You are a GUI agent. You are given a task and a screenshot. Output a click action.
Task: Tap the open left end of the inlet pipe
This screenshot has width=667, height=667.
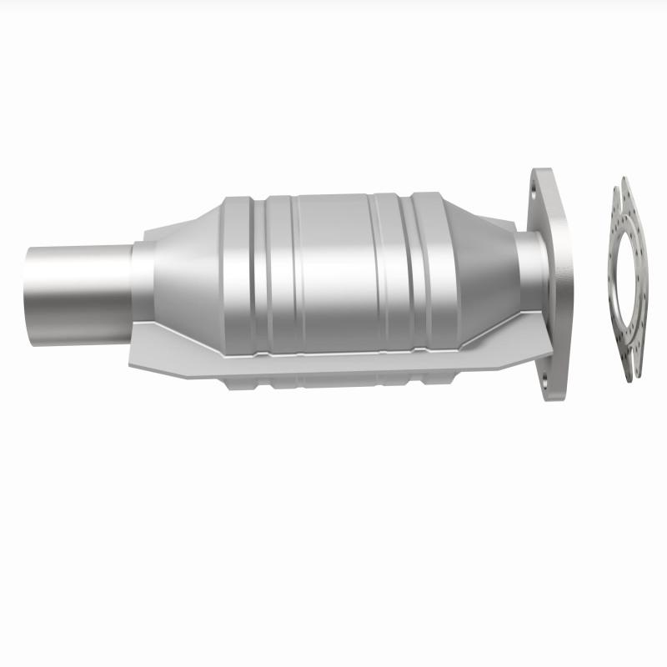30,285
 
